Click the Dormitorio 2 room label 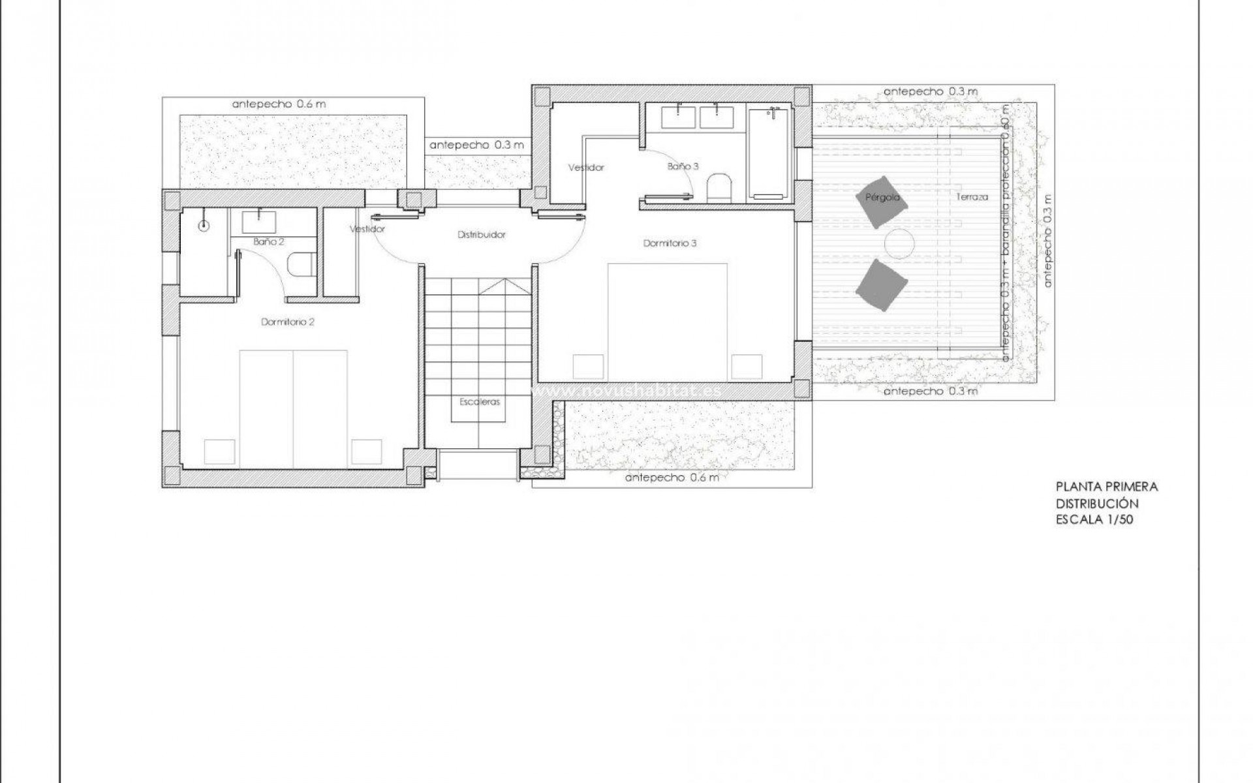point(288,322)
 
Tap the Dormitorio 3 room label point(670,243)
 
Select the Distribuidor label point(481,234)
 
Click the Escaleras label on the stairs point(479,402)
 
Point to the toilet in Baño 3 point(721,187)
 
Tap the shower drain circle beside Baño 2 point(204,226)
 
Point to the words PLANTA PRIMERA point(1107,487)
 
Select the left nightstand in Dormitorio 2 point(219,451)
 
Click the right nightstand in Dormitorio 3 point(747,366)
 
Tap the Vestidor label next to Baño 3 point(585,168)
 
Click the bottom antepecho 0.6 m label point(672,478)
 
